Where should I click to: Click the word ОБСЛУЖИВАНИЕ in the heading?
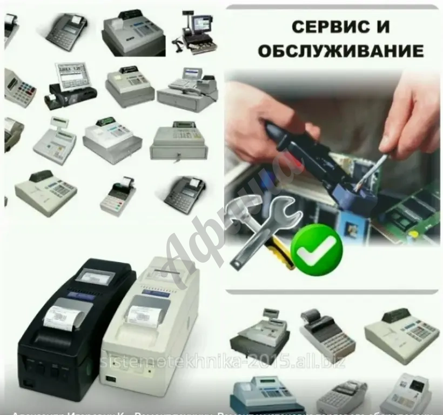click(340, 51)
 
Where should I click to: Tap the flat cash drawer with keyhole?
click(178, 143)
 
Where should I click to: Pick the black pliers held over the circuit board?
click(303, 157)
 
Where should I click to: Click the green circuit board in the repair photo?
click(411, 211)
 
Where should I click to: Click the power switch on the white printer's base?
click(113, 378)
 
